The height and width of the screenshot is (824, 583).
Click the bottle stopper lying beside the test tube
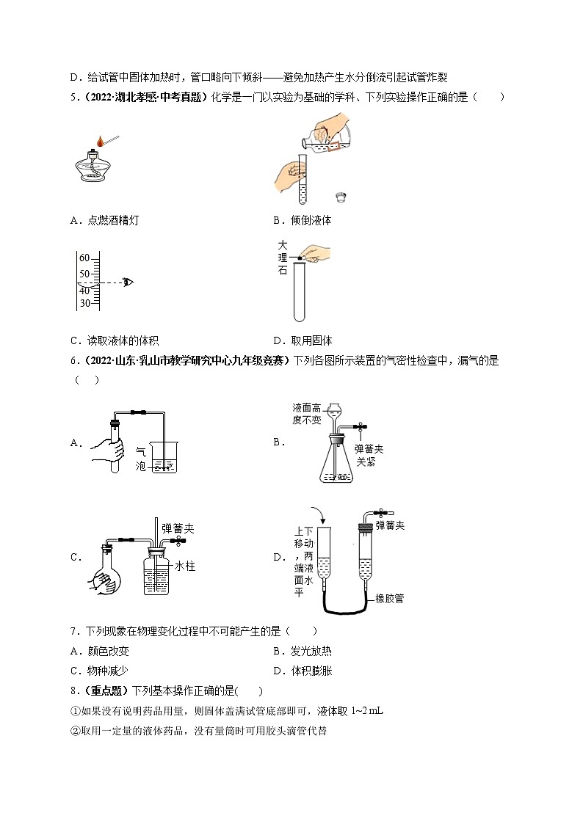tap(340, 196)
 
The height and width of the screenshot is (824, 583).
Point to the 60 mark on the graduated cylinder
tap(84, 258)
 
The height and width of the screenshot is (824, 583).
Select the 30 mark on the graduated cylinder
tap(84, 303)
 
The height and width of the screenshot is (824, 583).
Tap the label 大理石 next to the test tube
tap(283, 258)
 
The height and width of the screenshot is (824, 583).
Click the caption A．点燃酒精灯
tap(104, 220)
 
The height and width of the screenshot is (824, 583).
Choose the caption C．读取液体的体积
tap(114, 340)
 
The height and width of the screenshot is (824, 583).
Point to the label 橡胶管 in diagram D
tap(388, 598)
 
